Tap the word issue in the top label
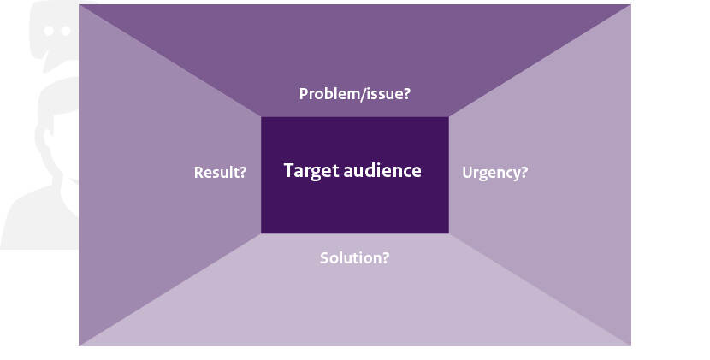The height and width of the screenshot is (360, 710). click(383, 94)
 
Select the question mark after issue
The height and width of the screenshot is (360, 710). click(405, 93)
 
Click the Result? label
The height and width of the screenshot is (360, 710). click(220, 172)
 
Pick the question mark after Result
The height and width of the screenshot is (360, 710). click(242, 172)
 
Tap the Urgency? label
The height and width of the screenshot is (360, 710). click(495, 173)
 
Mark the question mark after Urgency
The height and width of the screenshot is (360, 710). click(524, 172)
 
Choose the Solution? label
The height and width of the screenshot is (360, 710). click(354, 257)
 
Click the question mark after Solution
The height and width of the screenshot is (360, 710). click(385, 257)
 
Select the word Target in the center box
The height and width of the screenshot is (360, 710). click(311, 171)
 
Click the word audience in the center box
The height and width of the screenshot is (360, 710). click(382, 170)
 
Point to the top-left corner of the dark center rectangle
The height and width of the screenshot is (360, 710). click(261, 117)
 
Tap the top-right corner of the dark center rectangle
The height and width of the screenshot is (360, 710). click(449, 117)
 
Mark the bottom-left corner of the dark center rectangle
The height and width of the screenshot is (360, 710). click(261, 233)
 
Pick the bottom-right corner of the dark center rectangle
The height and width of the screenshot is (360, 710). click(449, 233)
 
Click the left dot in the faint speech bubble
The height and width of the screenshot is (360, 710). click(49, 31)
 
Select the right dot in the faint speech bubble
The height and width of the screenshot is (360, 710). click(66, 31)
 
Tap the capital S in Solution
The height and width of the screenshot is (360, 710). click(324, 257)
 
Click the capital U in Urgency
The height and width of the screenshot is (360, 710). click(467, 173)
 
